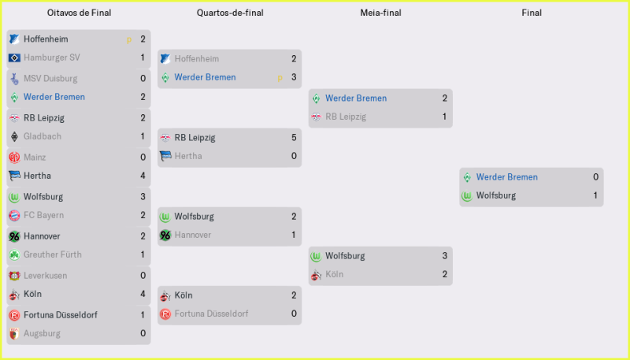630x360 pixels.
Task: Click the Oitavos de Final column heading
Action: pos(78,13)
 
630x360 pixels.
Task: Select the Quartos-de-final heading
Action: pos(230,13)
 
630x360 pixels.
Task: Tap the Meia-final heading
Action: pos(380,13)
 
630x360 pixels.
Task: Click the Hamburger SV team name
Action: pos(50,58)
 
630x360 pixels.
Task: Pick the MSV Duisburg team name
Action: pos(50,78)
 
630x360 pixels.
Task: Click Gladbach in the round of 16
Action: pos(43,136)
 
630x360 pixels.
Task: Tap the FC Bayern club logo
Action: pos(13,215)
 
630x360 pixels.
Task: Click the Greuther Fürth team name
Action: pos(53,254)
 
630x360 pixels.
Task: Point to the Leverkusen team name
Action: pos(46,275)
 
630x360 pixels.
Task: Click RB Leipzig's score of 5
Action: pos(294,137)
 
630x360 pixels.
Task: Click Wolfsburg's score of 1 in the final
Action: pos(596,195)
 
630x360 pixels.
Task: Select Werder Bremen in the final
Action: pos(507,176)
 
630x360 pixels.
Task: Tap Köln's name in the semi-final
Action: pos(335,274)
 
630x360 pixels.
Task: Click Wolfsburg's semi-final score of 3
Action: pos(445,255)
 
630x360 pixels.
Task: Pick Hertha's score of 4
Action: pos(143,176)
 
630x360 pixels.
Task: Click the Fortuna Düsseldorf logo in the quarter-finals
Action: pos(165,314)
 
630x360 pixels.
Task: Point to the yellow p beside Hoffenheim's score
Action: pos(128,39)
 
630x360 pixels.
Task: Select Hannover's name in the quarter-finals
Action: pos(193,235)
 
